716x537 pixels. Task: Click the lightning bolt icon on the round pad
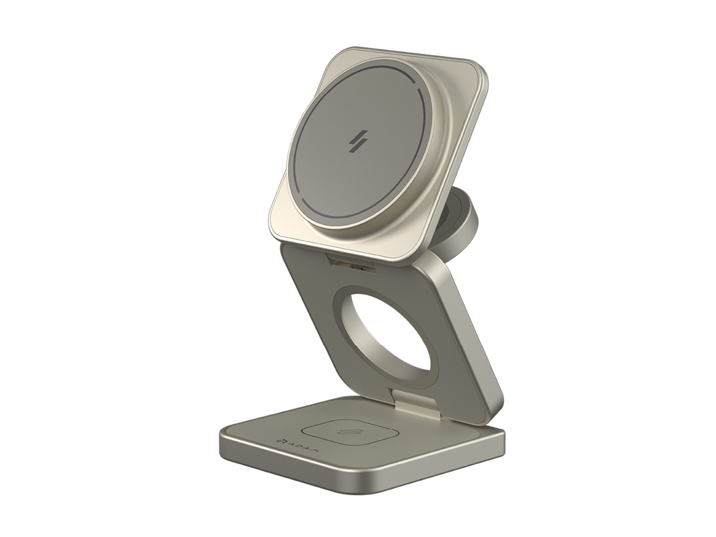click(358, 141)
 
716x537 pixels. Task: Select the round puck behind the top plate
click(457, 224)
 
